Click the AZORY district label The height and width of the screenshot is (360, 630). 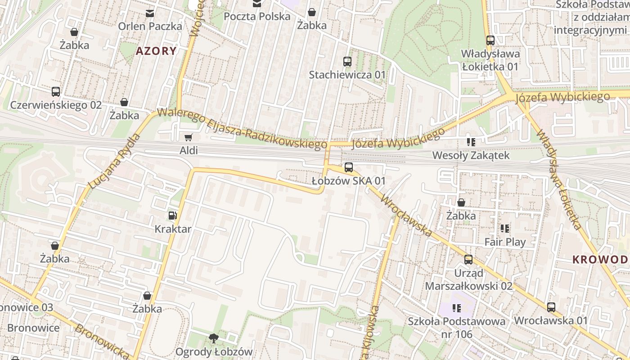click(x=156, y=51)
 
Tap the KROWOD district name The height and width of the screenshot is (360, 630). click(x=600, y=260)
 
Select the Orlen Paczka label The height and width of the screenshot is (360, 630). click(x=150, y=26)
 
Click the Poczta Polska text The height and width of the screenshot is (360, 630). click(x=257, y=17)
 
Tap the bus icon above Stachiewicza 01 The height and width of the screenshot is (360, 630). click(x=347, y=62)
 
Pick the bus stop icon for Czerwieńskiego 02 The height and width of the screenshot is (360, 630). click(x=56, y=92)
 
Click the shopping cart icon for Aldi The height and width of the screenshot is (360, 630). click(x=189, y=137)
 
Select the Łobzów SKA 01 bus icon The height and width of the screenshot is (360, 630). click(x=348, y=167)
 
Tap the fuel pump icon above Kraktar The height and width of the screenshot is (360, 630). click(x=173, y=216)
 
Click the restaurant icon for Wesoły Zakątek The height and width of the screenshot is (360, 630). click(x=471, y=142)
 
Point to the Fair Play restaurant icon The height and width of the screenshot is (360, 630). click(x=504, y=229)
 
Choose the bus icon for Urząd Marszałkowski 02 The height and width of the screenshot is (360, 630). click(x=468, y=260)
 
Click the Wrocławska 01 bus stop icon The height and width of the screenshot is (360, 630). click(x=551, y=307)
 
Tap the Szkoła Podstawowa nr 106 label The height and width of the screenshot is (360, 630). click(x=456, y=328)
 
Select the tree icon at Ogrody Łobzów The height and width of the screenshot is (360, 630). click(x=214, y=338)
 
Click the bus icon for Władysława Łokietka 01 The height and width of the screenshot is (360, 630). click(x=490, y=40)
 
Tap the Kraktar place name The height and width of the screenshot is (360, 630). click(x=173, y=229)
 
